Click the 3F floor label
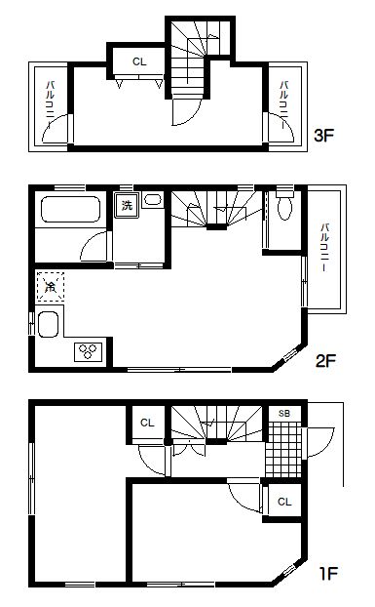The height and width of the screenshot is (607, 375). [x=323, y=135]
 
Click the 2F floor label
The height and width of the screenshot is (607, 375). [x=325, y=361]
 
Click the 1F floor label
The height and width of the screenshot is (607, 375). [x=328, y=573]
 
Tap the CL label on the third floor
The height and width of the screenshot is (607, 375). [x=139, y=61]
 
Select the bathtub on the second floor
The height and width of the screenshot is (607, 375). [x=71, y=210]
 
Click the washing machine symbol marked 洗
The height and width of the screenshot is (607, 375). [x=127, y=205]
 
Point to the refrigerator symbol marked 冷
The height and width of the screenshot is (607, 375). [x=51, y=287]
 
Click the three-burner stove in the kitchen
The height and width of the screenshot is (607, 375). [x=89, y=351]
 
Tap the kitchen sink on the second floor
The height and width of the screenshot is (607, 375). [x=49, y=324]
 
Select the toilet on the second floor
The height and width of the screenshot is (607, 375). [x=285, y=204]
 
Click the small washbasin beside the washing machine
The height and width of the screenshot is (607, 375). [x=153, y=200]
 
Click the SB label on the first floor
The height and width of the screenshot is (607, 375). [x=284, y=414]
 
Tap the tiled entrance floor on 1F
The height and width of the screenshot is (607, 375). [x=283, y=450]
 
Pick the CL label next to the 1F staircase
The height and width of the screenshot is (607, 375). [x=147, y=423]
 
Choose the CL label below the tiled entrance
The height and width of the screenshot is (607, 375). [x=284, y=502]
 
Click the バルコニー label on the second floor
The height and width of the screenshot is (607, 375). [x=324, y=247]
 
